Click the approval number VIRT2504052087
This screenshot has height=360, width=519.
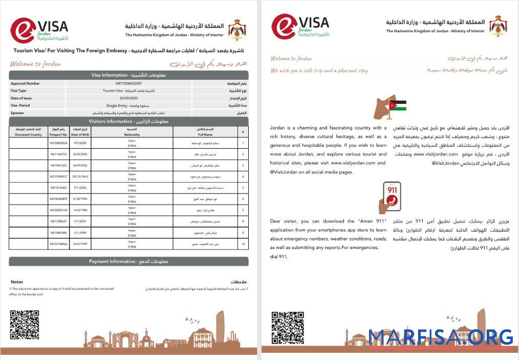pos(128,83)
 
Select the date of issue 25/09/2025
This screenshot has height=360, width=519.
pos(128,98)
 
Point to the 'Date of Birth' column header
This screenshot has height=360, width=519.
pos(82,132)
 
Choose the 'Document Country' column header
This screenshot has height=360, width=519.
pos(28,132)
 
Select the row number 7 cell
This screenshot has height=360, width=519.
pos(243,210)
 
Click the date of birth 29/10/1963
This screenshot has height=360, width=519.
pos(82,176)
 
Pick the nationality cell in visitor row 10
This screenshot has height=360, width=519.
pos(132,244)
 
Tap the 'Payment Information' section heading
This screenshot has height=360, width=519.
pos(128,261)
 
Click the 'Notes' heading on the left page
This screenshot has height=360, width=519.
pos(17,282)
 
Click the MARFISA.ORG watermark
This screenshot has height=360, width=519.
pos(441,337)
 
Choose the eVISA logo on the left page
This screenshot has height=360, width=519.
pos(39,30)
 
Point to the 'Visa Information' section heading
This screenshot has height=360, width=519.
pos(128,75)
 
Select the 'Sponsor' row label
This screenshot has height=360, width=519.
pos(17,112)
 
